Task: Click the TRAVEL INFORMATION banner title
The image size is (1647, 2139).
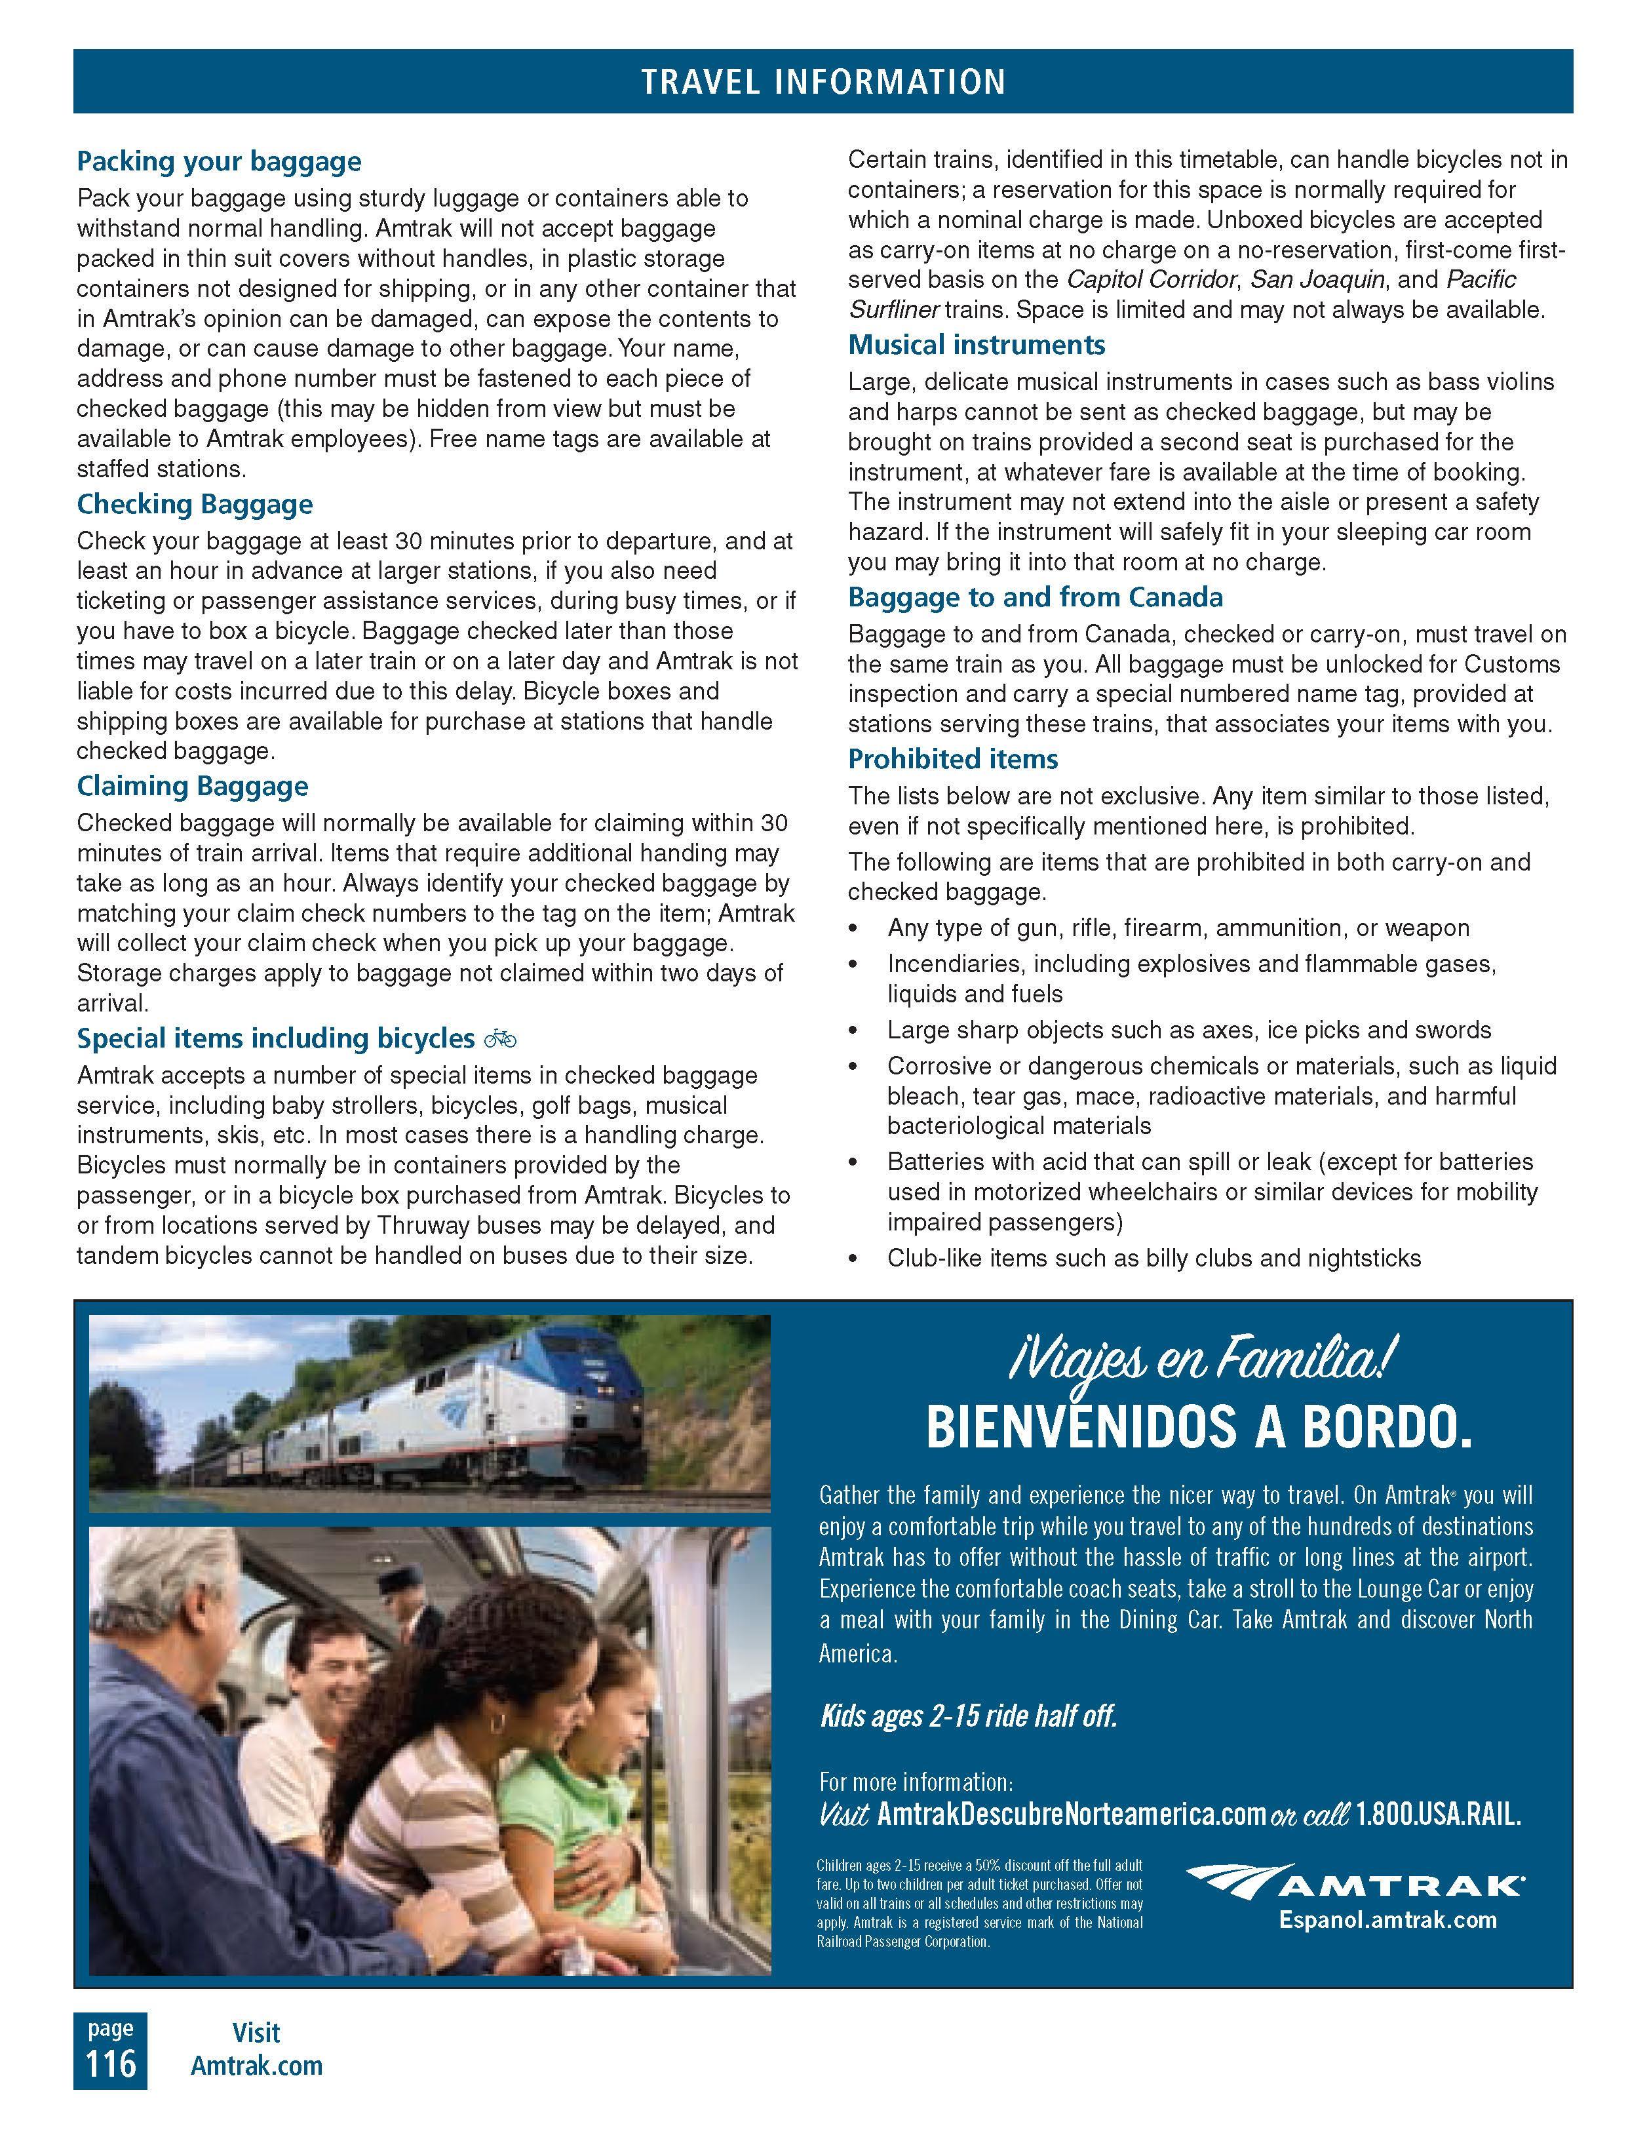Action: (823, 81)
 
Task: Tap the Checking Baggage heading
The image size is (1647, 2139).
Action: (195, 504)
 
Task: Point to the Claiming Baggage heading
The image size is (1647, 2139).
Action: (192, 787)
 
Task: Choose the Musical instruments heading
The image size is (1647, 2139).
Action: (977, 345)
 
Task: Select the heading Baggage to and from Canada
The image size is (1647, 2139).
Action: (1035, 597)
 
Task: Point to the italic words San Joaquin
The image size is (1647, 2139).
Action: (1318, 280)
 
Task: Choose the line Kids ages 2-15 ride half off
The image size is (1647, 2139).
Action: (967, 1716)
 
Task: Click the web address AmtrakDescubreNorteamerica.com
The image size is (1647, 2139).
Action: (1071, 1815)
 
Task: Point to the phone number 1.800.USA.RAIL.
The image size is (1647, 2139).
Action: (1437, 1815)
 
